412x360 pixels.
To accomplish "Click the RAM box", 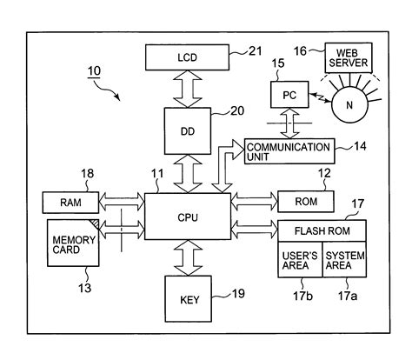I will click(x=70, y=203).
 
